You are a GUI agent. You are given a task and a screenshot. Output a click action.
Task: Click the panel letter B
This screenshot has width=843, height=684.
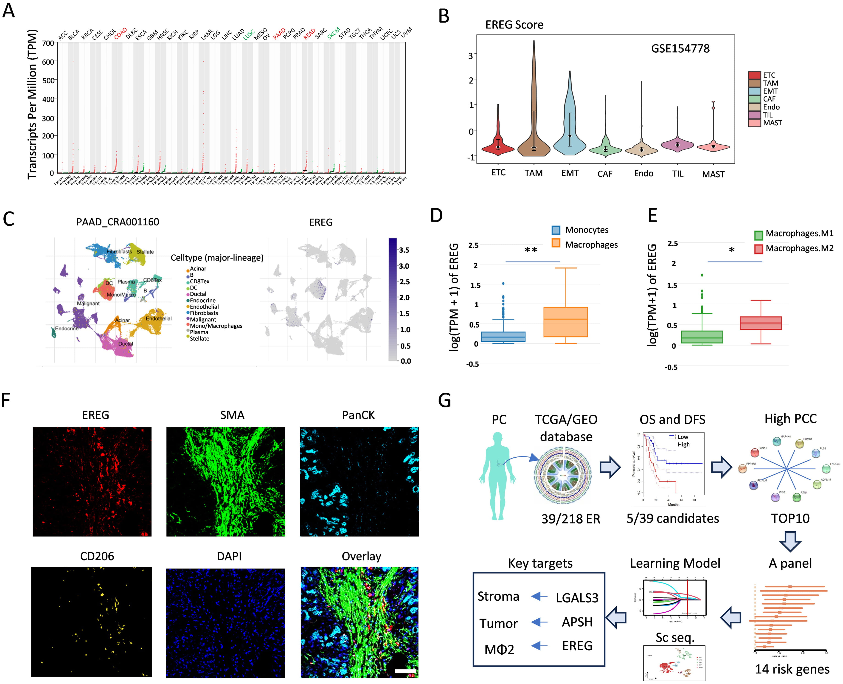click(x=444, y=17)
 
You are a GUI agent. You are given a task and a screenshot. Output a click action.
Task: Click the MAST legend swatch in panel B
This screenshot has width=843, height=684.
click(x=754, y=123)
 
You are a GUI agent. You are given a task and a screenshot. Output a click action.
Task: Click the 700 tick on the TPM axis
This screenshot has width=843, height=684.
click(x=48, y=43)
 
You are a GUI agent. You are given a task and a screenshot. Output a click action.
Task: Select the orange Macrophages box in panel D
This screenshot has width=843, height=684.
click(x=565, y=322)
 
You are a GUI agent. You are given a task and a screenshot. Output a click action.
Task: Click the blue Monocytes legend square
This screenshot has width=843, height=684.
click(x=556, y=230)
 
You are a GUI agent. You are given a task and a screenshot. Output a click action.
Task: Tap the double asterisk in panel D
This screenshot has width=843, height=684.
click(x=531, y=251)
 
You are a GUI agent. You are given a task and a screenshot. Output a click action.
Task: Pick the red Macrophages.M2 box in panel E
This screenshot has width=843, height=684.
click(x=760, y=323)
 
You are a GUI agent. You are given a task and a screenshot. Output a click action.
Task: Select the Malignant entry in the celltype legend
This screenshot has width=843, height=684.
click(x=203, y=320)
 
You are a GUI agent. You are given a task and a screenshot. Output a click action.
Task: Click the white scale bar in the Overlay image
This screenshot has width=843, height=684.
click(x=405, y=671)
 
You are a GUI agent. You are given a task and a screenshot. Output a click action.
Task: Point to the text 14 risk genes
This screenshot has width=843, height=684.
click(x=792, y=669)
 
